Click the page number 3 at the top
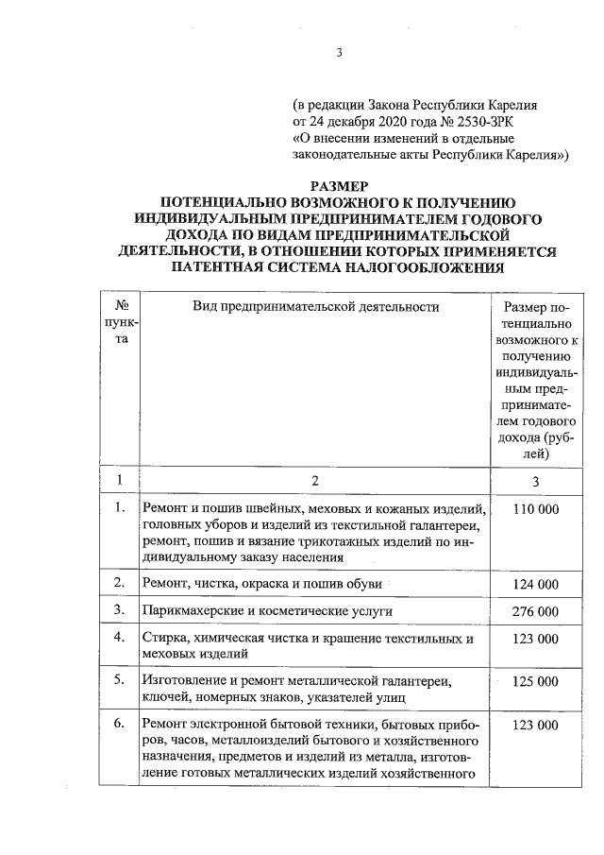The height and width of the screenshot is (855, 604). tap(337, 53)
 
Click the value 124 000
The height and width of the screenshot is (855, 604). tap(536, 586)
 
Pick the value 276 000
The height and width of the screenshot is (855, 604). tap(536, 612)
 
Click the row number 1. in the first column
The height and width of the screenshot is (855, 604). tap(120, 508)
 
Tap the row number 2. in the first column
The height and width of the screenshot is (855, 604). tap(120, 586)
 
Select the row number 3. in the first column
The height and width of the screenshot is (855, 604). tap(120, 612)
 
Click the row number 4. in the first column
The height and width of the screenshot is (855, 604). tap(120, 638)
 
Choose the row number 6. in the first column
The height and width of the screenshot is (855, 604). tap(120, 725)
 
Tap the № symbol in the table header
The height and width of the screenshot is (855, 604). tap(121, 307)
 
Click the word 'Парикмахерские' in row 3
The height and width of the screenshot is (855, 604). tap(189, 612)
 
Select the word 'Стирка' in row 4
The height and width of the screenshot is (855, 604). tap(163, 639)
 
